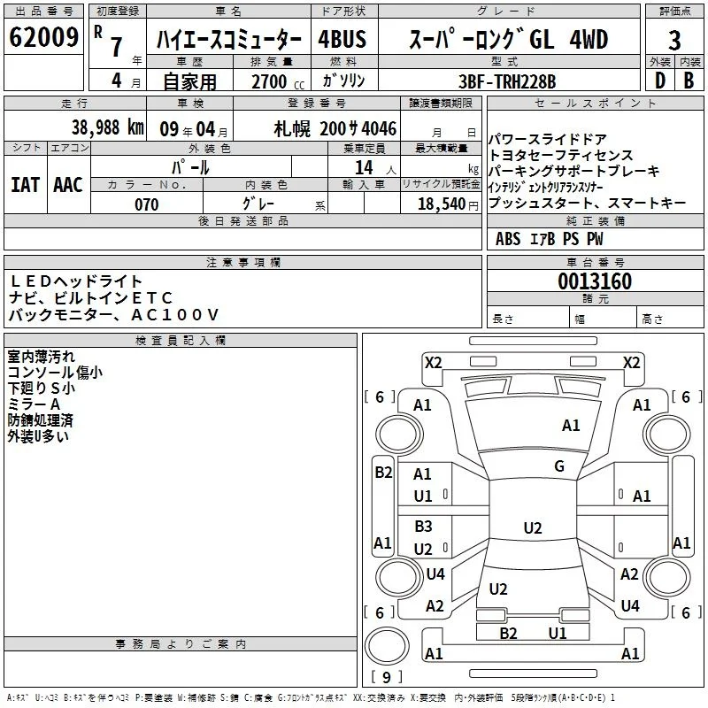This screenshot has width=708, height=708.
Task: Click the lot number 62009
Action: tap(43, 37)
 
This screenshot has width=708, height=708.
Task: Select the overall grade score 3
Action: tap(674, 41)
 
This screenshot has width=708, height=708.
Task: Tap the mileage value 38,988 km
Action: tap(108, 127)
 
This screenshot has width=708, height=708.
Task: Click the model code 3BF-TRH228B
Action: tap(507, 81)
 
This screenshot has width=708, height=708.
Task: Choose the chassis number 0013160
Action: tap(595, 281)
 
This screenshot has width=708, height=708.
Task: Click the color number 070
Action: tap(147, 204)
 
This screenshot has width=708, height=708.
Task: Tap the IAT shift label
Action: tap(26, 185)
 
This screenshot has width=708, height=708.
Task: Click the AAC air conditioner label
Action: tap(68, 185)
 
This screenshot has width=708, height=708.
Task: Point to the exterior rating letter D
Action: tap(660, 81)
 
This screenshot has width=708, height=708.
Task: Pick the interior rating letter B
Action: tap(689, 81)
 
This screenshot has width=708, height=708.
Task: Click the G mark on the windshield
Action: tap(559, 466)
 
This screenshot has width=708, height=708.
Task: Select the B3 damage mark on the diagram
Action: tap(424, 526)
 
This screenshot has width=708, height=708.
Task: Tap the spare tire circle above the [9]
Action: tap(387, 646)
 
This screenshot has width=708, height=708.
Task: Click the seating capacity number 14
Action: tap(364, 167)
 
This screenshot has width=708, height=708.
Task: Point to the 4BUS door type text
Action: tap(342, 39)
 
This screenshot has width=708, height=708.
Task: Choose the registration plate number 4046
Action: tap(379, 128)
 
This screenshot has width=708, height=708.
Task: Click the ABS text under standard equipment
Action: tap(508, 239)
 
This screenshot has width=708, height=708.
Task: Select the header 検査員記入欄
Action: tap(181, 341)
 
